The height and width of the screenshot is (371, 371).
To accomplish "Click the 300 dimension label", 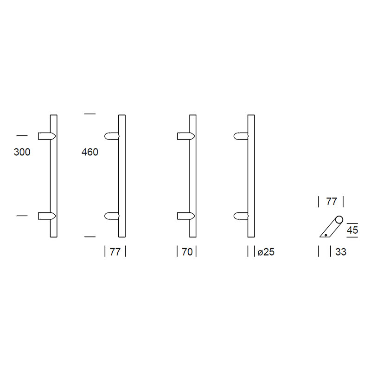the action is [22, 152].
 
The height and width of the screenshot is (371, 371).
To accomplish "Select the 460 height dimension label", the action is [90, 152].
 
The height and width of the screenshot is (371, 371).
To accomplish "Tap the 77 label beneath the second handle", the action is [115, 252].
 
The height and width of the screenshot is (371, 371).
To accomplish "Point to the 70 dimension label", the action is [187, 252].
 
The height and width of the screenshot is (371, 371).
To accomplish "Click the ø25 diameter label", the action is [266, 252].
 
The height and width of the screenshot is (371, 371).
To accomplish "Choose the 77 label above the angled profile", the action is [331, 202].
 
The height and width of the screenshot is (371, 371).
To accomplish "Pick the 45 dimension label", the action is [352, 230].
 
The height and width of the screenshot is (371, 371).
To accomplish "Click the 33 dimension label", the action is [341, 252].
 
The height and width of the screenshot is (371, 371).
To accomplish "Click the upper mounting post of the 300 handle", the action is [47, 136].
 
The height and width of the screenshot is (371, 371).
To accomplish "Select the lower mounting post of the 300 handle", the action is [47, 216].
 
